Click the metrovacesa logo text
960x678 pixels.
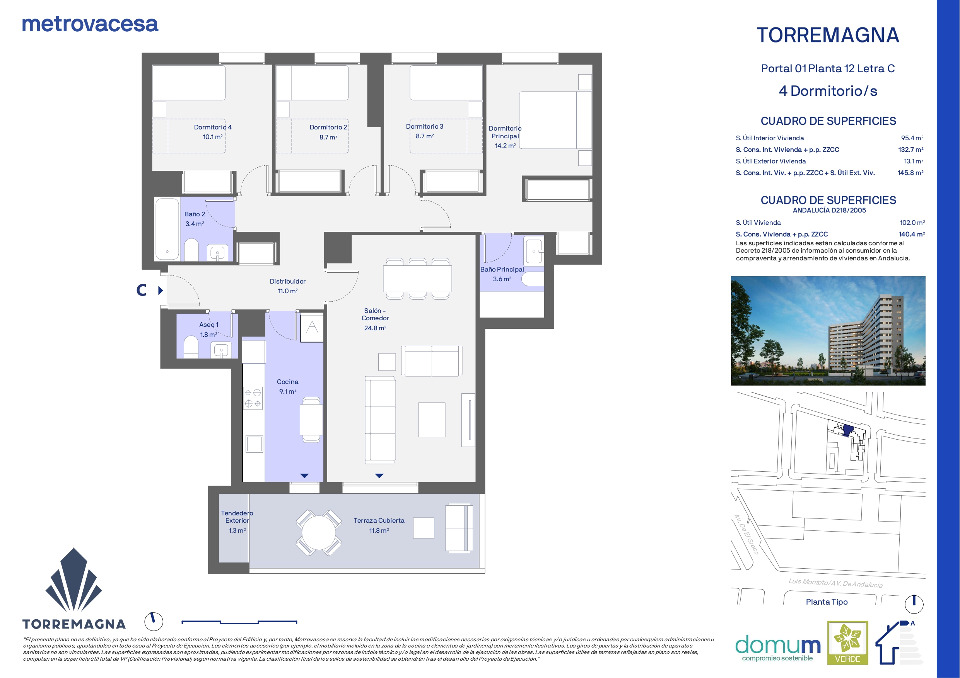click(90, 24)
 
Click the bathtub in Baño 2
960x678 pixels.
click(167, 229)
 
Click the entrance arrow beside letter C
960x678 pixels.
click(161, 291)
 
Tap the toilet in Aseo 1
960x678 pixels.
click(191, 348)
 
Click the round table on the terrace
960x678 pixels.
click(319, 533)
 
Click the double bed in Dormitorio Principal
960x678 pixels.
click(555, 120)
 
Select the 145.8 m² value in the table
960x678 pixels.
click(910, 173)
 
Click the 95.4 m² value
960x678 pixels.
click(912, 138)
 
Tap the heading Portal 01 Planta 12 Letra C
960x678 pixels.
click(828, 68)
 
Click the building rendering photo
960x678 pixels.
click(828, 330)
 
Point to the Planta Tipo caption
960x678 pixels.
click(827, 602)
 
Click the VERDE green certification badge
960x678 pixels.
click(847, 642)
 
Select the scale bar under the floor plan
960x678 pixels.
click(239, 622)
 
